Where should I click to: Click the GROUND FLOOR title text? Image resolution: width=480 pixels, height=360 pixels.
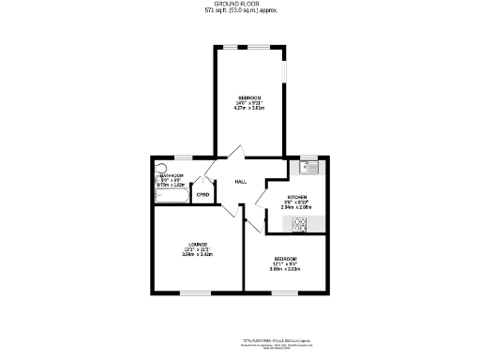(x=239, y=5)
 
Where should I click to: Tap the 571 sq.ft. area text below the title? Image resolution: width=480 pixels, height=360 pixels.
(x=239, y=11)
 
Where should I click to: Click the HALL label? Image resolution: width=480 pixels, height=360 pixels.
(x=240, y=181)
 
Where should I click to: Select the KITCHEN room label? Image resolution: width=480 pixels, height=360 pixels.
(x=296, y=197)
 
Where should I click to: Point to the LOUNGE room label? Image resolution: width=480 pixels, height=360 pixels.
(x=197, y=245)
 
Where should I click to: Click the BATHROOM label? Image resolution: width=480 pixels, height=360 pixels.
(x=171, y=175)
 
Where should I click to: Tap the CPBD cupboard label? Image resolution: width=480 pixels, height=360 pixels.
(x=202, y=194)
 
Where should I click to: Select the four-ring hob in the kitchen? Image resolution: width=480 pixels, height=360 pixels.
(x=302, y=224)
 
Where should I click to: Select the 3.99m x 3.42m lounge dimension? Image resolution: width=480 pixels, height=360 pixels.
(x=197, y=254)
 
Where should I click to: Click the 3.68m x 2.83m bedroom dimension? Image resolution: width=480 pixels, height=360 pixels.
(x=285, y=269)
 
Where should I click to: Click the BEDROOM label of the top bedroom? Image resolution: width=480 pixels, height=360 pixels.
(x=248, y=97)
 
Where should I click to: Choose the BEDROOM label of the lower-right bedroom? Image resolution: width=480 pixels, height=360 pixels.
(x=285, y=259)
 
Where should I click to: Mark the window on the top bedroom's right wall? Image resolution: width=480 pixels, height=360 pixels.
(x=287, y=75)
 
